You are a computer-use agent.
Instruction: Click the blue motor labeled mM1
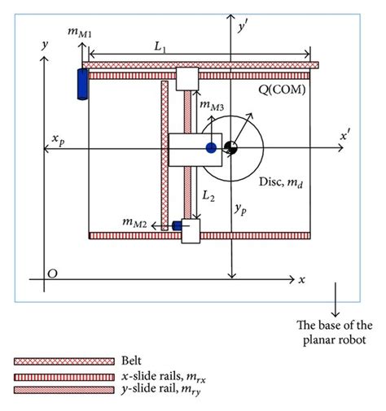[81, 83]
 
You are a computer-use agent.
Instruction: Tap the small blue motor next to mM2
[175, 225]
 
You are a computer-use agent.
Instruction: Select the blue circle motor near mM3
[212, 148]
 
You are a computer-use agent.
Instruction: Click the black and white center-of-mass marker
[231, 148]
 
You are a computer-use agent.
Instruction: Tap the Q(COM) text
[279, 90]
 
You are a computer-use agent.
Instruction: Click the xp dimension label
[59, 139]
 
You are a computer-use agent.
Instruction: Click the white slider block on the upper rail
[187, 79]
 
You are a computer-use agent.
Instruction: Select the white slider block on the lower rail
[191, 231]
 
